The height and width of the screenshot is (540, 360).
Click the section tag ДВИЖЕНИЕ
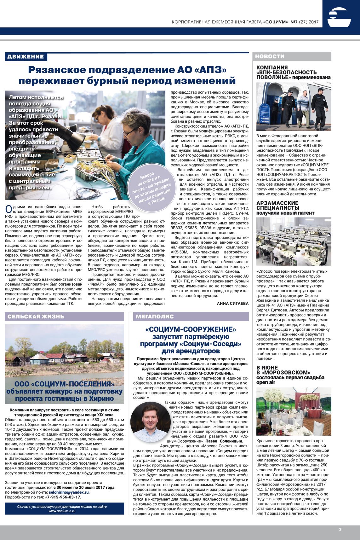pyautogui.click(x=26, y=57)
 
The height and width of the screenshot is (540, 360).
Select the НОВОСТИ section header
pyautogui.click(x=270, y=56)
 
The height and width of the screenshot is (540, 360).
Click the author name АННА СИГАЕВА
pyautogui.click(x=232, y=303)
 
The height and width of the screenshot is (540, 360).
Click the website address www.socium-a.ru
pyautogui.click(x=62, y=511)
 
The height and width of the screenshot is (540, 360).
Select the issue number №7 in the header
pyautogui.click(x=294, y=22)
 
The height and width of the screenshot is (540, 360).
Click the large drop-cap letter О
pyautogui.click(x=9, y=209)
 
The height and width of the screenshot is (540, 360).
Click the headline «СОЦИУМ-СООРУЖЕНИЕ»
pyautogui.click(x=191, y=329)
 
